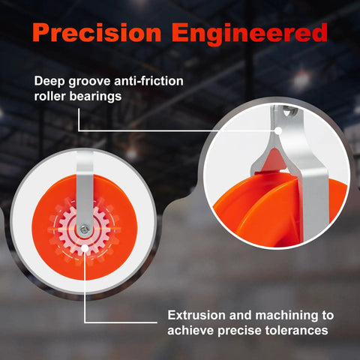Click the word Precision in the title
(x=97, y=32)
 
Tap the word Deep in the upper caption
(x=49, y=82)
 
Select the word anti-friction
(x=148, y=81)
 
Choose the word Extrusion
(x=196, y=315)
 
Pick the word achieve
(x=190, y=331)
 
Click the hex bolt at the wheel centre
(x=85, y=229)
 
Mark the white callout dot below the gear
(x=85, y=248)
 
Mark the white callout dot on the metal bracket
(x=278, y=130)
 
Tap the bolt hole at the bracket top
(x=290, y=111)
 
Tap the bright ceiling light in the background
(x=302, y=79)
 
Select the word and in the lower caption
(x=241, y=315)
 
